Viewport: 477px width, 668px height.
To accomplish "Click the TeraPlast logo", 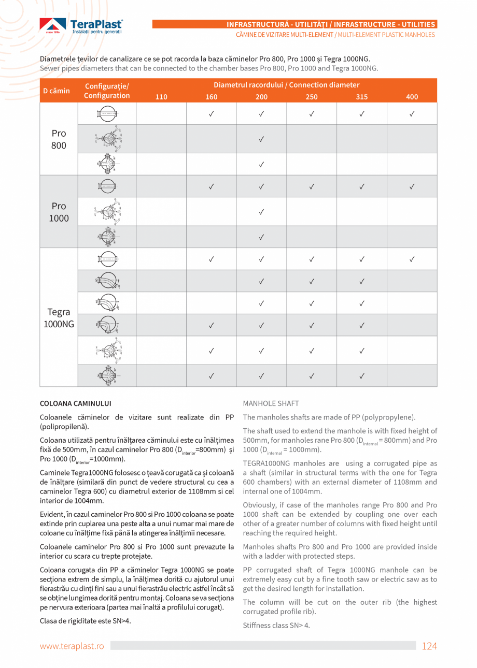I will [81, 26].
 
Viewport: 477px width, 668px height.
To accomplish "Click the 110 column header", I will [161, 97].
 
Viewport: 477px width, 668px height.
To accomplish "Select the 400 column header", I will [412, 97].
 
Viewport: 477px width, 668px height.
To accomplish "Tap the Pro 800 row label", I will [59, 139].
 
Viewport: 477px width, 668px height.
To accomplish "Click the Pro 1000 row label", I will [59, 212].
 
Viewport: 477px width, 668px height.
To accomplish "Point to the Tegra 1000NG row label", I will [59, 317].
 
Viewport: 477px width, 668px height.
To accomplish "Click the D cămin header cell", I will [57, 91].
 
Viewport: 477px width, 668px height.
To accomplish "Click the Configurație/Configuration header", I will [107, 91].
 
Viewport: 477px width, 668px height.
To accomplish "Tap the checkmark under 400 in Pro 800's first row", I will [412, 113].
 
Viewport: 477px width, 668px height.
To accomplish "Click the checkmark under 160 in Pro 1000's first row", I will [211, 186].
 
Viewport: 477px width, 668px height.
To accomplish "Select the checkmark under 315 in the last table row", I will [361, 376].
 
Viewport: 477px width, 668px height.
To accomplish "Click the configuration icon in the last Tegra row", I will [107, 376].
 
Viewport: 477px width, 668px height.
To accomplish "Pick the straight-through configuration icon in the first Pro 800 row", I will [107, 113].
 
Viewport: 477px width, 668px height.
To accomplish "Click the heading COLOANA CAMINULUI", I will [76, 403].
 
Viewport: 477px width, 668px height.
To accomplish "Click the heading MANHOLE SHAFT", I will [271, 403].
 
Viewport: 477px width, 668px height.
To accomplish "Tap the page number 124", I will [429, 646].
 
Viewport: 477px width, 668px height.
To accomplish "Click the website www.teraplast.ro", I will [72, 646].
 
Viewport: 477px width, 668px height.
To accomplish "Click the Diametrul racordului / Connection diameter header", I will [286, 85].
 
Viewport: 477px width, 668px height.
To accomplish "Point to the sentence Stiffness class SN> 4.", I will [276, 625].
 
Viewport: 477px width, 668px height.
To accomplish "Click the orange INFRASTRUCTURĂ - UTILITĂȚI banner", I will [331, 24].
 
